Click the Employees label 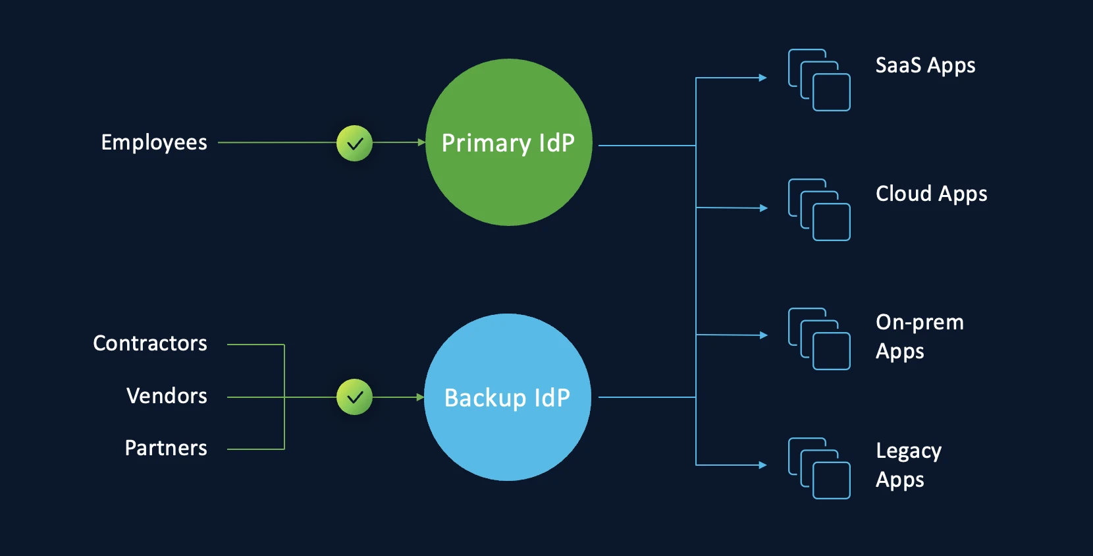[x=154, y=143]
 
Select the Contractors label [x=150, y=343]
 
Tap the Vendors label [x=167, y=396]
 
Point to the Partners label [x=166, y=448]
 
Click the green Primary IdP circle [x=508, y=142]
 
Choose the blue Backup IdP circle [x=507, y=397]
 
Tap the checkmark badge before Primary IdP [x=354, y=143]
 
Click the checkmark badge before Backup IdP [x=354, y=397]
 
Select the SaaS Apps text [x=925, y=65]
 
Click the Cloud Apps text [x=931, y=194]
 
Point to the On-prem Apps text [x=919, y=336]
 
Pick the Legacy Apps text [x=909, y=464]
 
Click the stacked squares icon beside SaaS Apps [x=819, y=80]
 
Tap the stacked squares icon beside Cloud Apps [x=819, y=209]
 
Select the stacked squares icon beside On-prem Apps [x=819, y=339]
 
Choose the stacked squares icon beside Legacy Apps [x=819, y=468]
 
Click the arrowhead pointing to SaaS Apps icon [x=763, y=78]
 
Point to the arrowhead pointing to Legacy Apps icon [x=763, y=465]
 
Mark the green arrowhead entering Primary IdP [x=421, y=142]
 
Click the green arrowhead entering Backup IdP [x=420, y=397]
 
